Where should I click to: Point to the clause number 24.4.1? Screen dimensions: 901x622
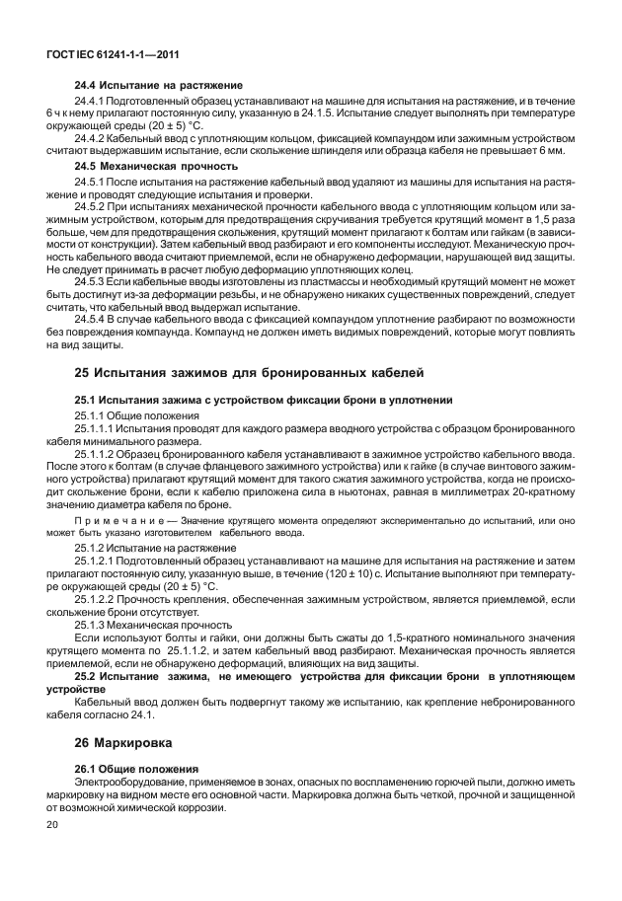pyautogui.click(x=91, y=102)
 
